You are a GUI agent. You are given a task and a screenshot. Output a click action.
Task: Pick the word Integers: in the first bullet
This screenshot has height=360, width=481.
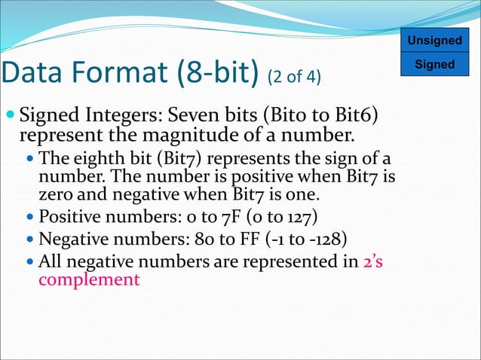point(118,117)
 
